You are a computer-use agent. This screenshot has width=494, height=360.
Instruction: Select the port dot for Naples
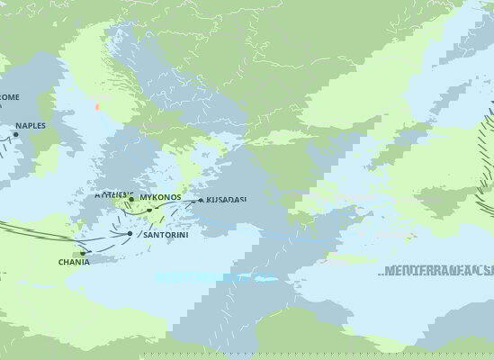[15, 135]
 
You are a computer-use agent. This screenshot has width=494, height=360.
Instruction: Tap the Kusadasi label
[226, 199]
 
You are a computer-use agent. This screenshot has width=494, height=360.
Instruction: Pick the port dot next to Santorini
[130, 234]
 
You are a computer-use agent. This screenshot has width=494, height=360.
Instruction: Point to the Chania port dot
[83, 253]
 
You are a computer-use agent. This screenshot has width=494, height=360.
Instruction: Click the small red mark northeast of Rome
[97, 106]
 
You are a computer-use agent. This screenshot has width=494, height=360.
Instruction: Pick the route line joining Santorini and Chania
[106, 242]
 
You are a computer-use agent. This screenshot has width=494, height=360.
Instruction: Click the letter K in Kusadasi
[209, 199]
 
